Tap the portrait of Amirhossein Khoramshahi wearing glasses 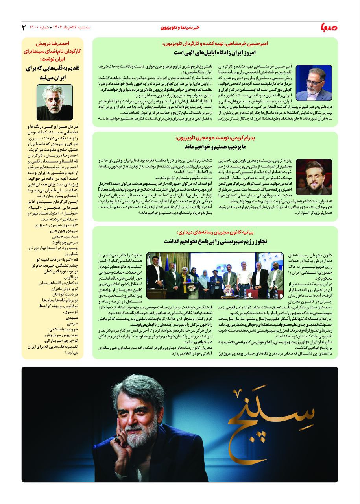314,83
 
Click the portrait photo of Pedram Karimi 314,177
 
